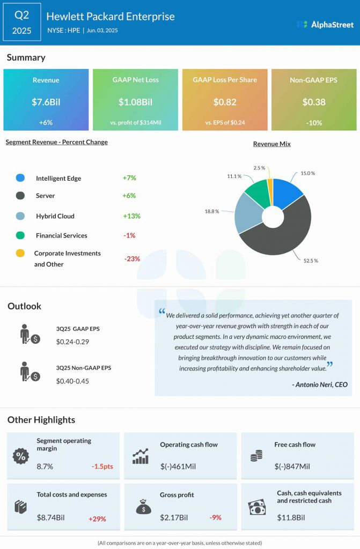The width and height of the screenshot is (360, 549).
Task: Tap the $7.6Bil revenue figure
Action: pyautogui.click(x=46, y=102)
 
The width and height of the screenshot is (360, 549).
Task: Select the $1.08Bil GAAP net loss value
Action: pyautogui.click(x=135, y=102)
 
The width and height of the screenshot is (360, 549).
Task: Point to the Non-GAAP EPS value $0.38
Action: pyautogui.click(x=314, y=102)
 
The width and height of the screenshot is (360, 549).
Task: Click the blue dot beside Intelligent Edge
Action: pyautogui.click(x=20, y=178)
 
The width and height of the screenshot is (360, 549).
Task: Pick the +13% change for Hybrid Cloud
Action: pyautogui.click(x=131, y=216)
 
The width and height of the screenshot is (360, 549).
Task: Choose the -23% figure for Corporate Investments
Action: pyautogui.click(x=132, y=258)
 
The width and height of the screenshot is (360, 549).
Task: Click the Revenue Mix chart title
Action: pyautogui.click(x=272, y=144)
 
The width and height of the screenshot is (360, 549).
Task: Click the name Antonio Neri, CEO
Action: pyautogui.click(x=320, y=384)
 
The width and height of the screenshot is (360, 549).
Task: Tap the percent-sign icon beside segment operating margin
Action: pyautogui.click(x=20, y=456)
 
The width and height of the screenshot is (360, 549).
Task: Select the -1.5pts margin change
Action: pyautogui.click(x=102, y=466)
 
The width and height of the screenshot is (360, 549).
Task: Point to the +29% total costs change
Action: pyautogui.click(x=97, y=518)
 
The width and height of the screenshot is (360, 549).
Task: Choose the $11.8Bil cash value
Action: pyautogui.click(x=291, y=517)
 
